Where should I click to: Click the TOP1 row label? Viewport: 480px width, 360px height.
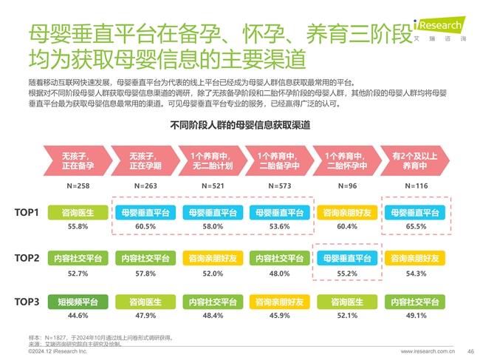[27, 213]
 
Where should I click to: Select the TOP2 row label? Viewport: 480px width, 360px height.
[27, 258]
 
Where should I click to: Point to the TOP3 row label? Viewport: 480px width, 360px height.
[27, 302]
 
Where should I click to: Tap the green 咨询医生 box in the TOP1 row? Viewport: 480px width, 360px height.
[78, 213]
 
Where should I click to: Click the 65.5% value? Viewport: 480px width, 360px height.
[416, 226]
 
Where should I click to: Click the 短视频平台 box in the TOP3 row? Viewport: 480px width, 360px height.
[78, 302]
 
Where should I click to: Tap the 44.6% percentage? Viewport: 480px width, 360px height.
[78, 316]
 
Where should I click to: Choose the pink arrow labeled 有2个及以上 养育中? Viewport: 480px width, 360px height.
[414, 161]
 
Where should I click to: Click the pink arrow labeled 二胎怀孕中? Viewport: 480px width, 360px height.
[347, 161]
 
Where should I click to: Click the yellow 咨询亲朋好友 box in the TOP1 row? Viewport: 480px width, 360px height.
[347, 213]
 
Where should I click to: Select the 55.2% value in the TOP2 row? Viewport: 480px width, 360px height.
[347, 274]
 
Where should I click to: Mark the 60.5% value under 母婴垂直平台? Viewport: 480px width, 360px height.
[145, 226]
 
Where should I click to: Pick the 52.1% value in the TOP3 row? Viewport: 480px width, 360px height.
[347, 316]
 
